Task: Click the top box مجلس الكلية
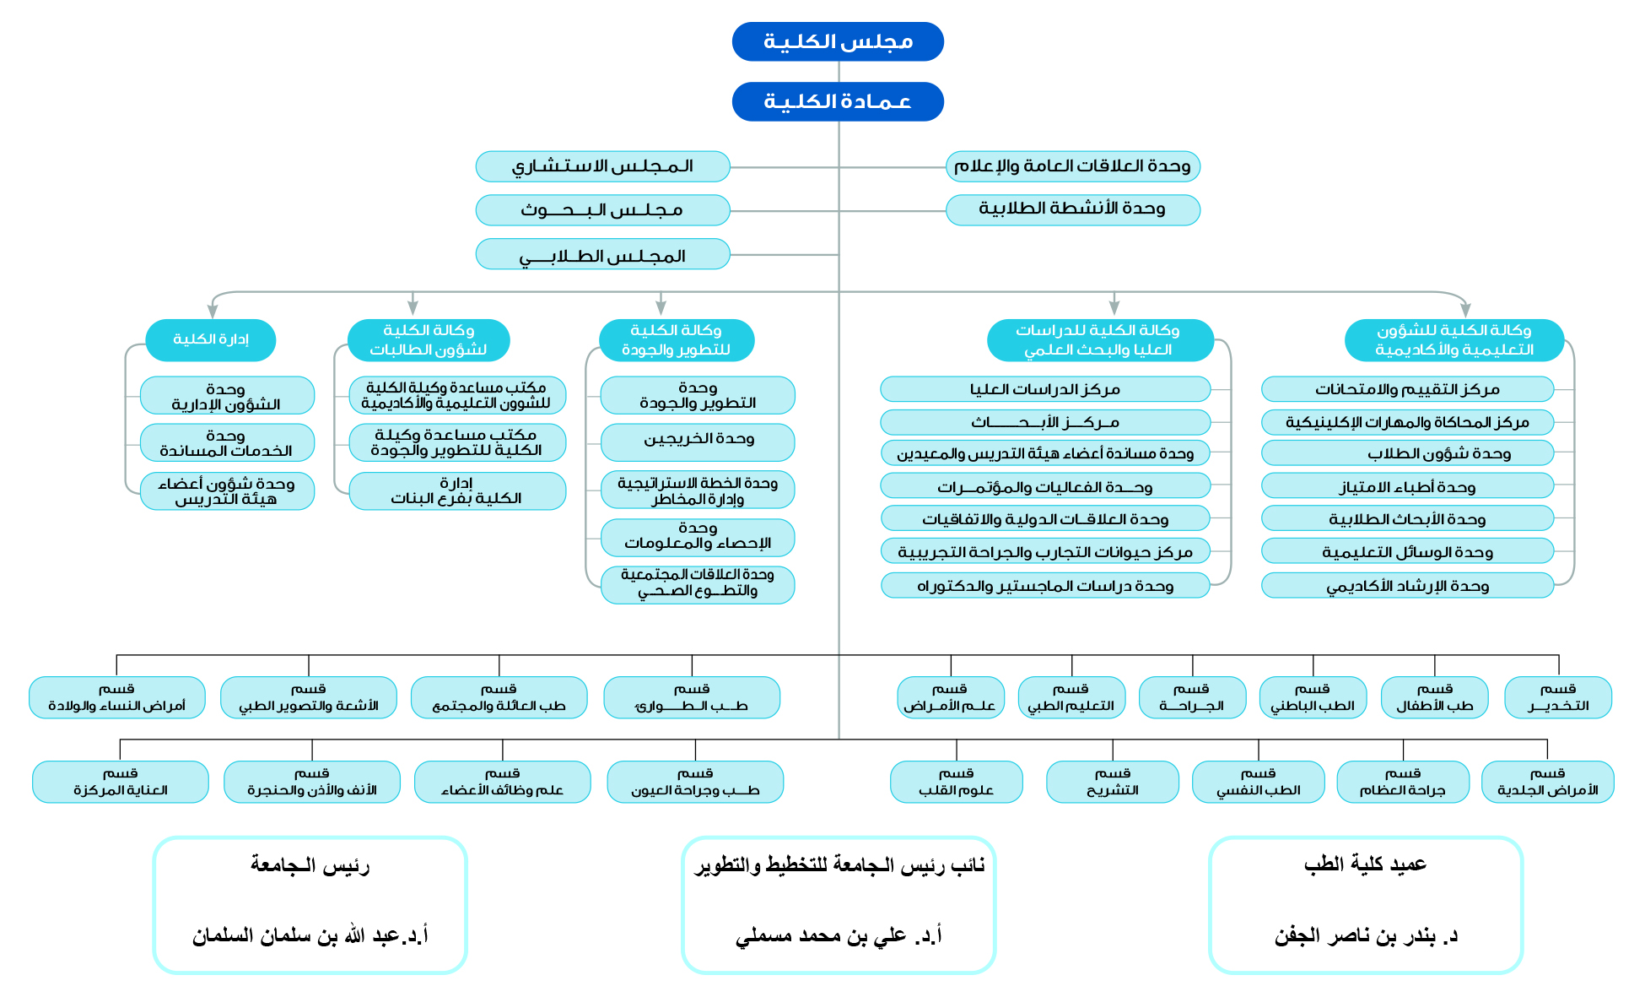tap(838, 41)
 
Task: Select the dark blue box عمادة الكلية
tap(838, 101)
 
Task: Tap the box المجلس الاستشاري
tap(602, 166)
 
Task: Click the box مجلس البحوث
tap(602, 210)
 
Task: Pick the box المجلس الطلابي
tap(602, 254)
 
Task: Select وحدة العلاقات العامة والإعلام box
tap(1072, 166)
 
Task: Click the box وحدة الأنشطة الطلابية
tap(1072, 209)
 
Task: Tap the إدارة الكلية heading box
tap(211, 339)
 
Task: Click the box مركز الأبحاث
tap(1045, 422)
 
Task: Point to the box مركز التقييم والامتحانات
tap(1407, 389)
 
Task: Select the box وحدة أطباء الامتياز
tap(1407, 486)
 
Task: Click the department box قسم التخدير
tap(1557, 697)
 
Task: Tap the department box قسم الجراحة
tap(1191, 697)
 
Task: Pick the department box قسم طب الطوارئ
tap(692, 697)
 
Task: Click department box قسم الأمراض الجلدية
tap(1547, 782)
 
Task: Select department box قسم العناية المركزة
tap(121, 782)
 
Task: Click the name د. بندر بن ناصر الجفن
tap(1366, 935)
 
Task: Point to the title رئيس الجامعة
tap(310, 865)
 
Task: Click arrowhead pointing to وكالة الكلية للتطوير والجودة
tap(661, 308)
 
